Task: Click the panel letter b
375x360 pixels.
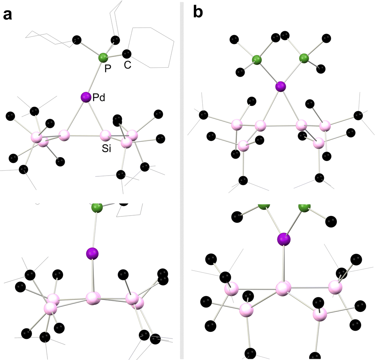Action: click(197, 13)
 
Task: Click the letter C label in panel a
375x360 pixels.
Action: click(127, 65)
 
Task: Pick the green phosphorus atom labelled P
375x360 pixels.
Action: click(103, 59)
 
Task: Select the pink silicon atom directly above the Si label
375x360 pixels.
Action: click(105, 136)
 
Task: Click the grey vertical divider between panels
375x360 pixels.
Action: click(181, 180)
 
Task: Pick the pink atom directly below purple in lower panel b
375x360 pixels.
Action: click(283, 288)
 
